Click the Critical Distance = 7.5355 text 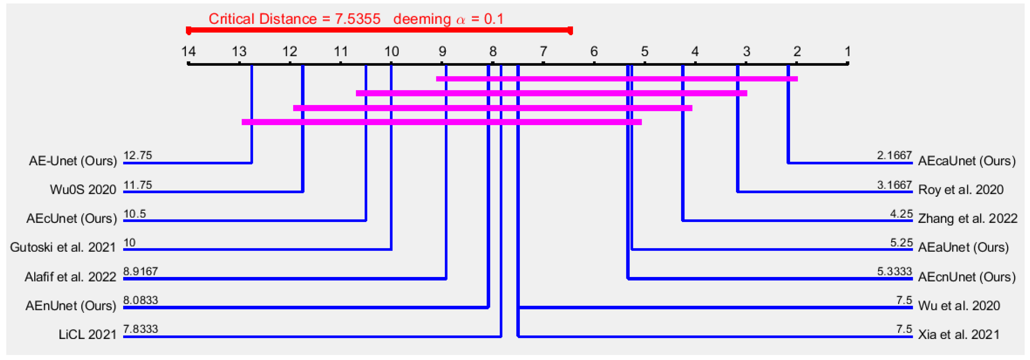pos(294,19)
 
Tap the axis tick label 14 pos(188,52)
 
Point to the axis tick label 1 pos(847,52)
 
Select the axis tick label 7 pos(543,52)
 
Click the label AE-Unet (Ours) pos(73,161)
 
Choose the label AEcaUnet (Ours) pos(967,161)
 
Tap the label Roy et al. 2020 pos(961,190)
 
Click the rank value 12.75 pos(138,155)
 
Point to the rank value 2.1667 pos(894,155)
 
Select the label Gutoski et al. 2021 pos(63,247)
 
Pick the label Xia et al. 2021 pos(959,335)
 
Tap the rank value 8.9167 pos(140,271)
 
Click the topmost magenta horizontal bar pos(617,79)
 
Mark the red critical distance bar pos(379,30)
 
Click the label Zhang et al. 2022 pos(967,219)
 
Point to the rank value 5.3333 pos(894,271)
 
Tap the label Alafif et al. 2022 pos(70,277)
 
